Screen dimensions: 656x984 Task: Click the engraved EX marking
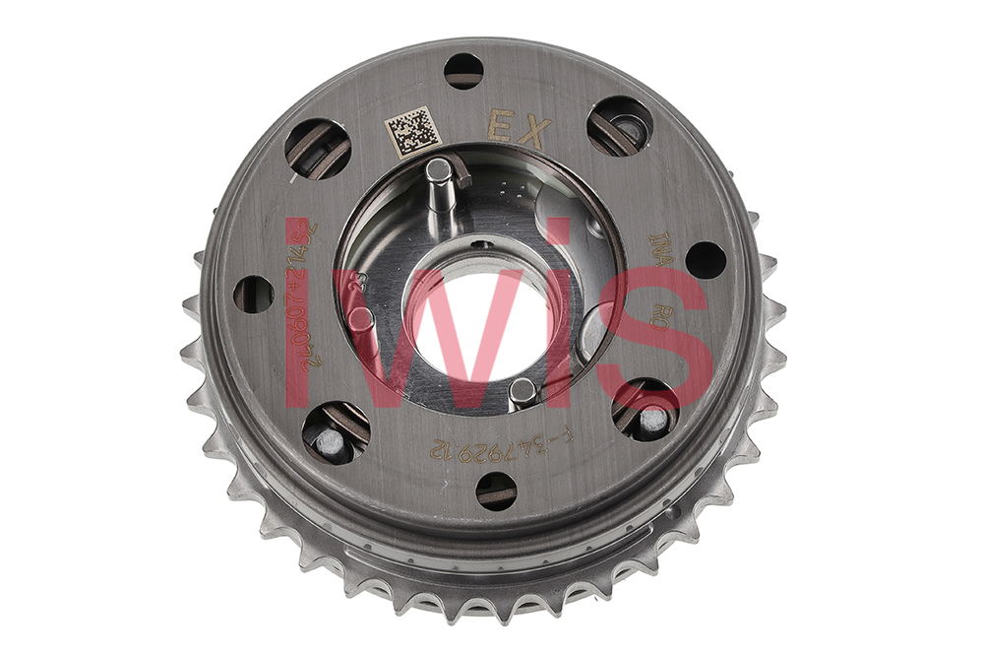point(518,130)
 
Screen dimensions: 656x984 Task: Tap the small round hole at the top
point(463,71)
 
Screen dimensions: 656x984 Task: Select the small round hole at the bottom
point(496,490)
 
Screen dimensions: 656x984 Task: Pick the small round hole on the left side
point(253,294)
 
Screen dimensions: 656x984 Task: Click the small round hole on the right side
point(705,260)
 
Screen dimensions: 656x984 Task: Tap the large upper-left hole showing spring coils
point(318,149)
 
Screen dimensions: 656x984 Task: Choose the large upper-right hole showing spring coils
point(620,126)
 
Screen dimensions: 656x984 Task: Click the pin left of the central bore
point(361,320)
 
